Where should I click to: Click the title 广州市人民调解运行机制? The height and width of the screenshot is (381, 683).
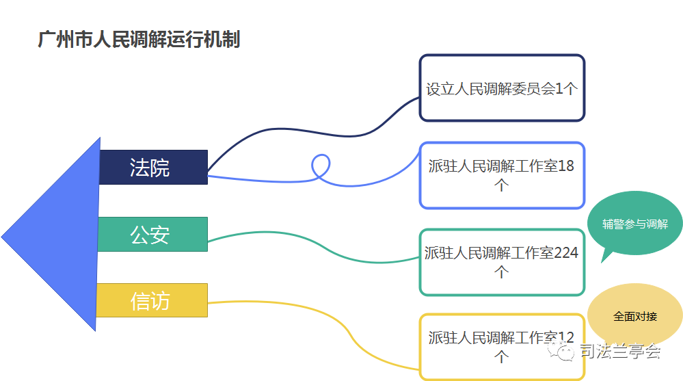pyautogui.click(x=139, y=39)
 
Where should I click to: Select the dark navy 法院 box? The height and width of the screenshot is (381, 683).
pyautogui.click(x=153, y=167)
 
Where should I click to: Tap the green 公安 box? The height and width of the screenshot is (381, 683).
pyautogui.click(x=152, y=234)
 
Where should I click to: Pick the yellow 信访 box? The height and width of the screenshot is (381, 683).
pyautogui.click(x=152, y=300)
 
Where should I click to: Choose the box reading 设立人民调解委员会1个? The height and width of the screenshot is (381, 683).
pyautogui.click(x=502, y=88)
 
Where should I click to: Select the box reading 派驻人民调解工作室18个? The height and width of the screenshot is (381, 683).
pyautogui.click(x=502, y=175)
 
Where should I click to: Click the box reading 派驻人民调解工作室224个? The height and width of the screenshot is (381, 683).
pyautogui.click(x=502, y=262)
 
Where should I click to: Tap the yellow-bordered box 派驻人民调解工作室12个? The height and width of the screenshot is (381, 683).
pyautogui.click(x=502, y=347)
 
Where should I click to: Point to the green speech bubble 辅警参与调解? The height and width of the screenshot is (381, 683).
pyautogui.click(x=635, y=223)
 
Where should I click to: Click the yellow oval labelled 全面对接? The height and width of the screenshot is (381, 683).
pyautogui.click(x=635, y=315)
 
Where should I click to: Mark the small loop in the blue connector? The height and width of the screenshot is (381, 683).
pyautogui.click(x=321, y=166)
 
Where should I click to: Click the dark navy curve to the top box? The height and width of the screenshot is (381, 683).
pyautogui.click(x=314, y=131)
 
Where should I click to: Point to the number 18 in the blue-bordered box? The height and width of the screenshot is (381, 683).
pyautogui.click(x=566, y=166)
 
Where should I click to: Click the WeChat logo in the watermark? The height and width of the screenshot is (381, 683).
pyautogui.click(x=561, y=350)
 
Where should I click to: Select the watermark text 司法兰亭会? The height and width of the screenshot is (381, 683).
pyautogui.click(x=620, y=351)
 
